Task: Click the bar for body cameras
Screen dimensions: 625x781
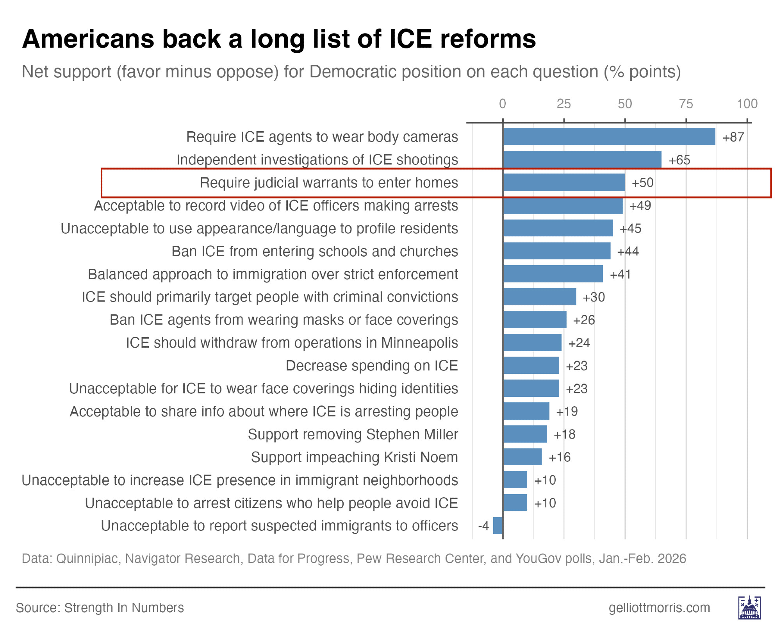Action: click(609, 137)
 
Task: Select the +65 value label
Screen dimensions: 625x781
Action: click(679, 160)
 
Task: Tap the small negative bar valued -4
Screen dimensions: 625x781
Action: click(498, 525)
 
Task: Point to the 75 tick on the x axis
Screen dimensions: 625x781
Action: click(686, 104)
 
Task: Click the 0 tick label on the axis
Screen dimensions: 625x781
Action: click(503, 104)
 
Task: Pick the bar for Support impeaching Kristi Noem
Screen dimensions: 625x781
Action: click(522, 457)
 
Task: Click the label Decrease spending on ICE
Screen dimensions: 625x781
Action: click(372, 366)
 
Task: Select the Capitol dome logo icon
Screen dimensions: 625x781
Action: click(749, 608)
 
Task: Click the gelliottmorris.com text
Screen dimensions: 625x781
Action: click(659, 608)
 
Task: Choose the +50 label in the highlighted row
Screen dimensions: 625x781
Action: click(643, 183)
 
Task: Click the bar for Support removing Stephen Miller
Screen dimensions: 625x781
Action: click(525, 434)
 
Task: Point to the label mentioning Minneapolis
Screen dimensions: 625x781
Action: click(292, 343)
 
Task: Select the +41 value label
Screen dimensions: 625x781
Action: click(621, 275)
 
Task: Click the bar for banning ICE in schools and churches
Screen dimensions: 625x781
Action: click(557, 251)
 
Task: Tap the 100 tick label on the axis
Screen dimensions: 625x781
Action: click(747, 104)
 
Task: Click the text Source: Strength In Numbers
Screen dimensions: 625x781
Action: click(100, 608)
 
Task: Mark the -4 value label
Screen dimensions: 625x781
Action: click(483, 526)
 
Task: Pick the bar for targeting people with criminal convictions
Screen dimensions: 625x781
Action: click(540, 297)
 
